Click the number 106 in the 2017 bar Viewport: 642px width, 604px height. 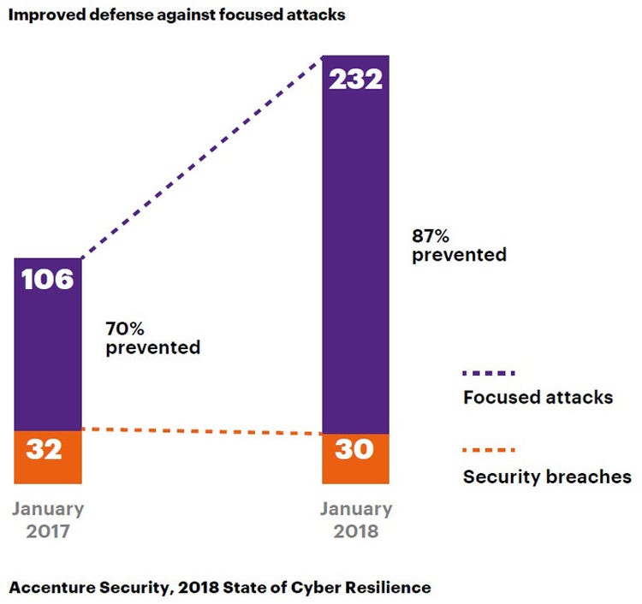click(48, 279)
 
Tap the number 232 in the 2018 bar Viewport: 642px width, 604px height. click(354, 79)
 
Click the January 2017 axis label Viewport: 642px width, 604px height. click(48, 519)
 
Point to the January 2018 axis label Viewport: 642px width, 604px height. click(356, 519)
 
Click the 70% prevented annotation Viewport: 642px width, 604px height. click(152, 338)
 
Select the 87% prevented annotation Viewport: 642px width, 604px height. click(459, 245)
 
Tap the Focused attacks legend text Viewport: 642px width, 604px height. click(538, 398)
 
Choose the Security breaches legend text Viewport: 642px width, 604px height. click(547, 477)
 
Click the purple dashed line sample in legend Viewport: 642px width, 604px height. click(489, 373)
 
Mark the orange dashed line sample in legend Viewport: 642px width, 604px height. click(489, 450)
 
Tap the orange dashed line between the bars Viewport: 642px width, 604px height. click(201, 431)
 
